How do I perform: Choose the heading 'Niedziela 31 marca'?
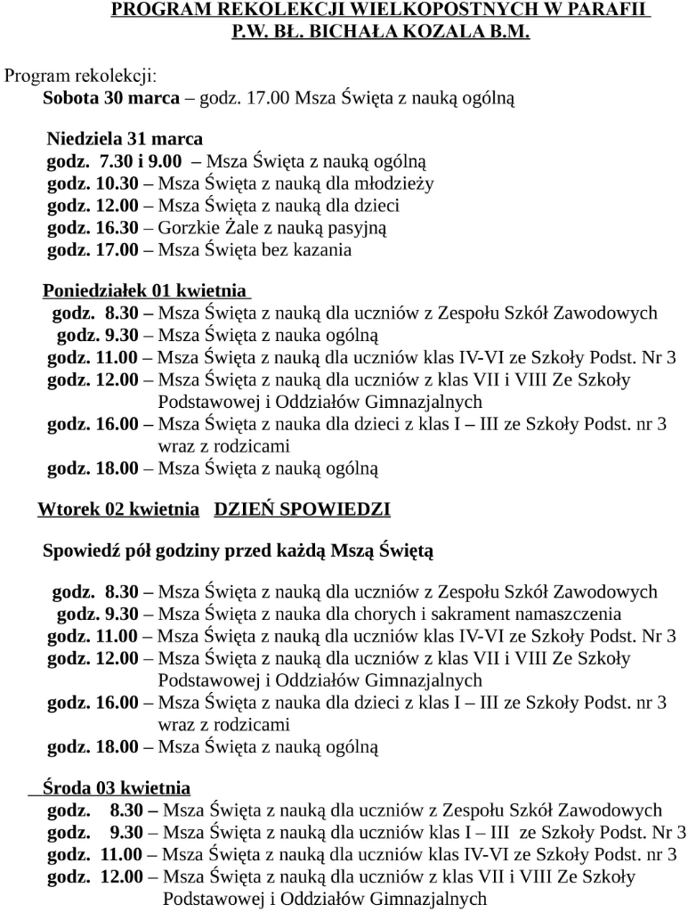125,139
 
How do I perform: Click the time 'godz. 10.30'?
93,184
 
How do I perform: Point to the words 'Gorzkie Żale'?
198,228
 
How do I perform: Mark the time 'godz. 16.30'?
93,228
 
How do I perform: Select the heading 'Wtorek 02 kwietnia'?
118,510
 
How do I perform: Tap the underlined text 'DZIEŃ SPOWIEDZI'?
303,510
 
